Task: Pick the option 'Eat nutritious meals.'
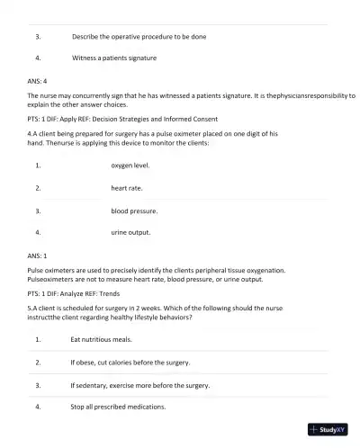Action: click(102, 340)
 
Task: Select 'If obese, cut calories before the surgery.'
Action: click(130, 363)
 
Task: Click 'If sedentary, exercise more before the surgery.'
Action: click(139, 385)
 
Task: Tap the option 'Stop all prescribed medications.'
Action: click(118, 407)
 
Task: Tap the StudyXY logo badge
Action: click(328, 430)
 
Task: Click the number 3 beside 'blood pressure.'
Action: click(38, 211)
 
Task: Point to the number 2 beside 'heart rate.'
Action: click(38, 188)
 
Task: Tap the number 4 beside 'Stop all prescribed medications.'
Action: click(38, 407)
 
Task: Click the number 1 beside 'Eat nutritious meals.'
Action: click(38, 340)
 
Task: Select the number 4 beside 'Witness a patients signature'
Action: click(38, 58)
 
